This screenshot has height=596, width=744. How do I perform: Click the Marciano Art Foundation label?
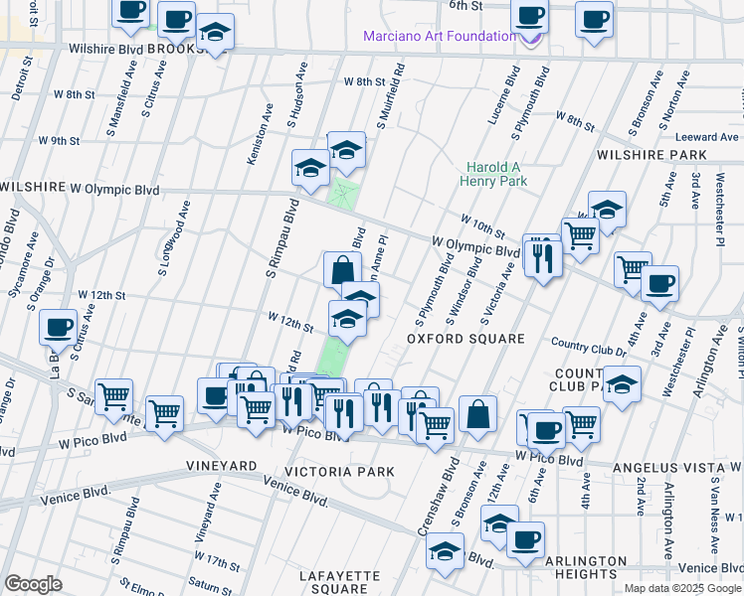pyautogui.click(x=438, y=37)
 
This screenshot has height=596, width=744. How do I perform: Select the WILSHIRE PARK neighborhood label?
pyautogui.click(x=651, y=156)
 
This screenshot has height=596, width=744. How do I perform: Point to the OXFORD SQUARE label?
pyautogui.click(x=465, y=339)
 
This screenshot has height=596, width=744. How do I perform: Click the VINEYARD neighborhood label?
pyautogui.click(x=221, y=465)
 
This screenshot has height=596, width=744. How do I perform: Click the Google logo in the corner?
pyautogui.click(x=33, y=584)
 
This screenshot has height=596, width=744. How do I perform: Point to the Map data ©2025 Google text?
pyautogui.click(x=681, y=588)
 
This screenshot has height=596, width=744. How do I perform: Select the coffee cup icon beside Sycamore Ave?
pyautogui.click(x=59, y=327)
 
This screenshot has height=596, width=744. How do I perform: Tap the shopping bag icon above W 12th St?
pyautogui.click(x=341, y=269)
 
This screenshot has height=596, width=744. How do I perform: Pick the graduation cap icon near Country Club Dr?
pyautogui.click(x=622, y=384)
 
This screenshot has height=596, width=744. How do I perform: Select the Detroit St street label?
pyautogui.click(x=20, y=76)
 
